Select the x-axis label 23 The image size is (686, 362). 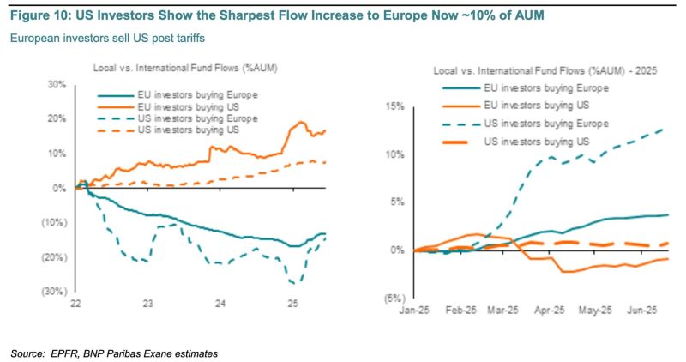pos(148,304)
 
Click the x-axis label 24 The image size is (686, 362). pos(220,304)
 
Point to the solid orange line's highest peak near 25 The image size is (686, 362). pos(300,122)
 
